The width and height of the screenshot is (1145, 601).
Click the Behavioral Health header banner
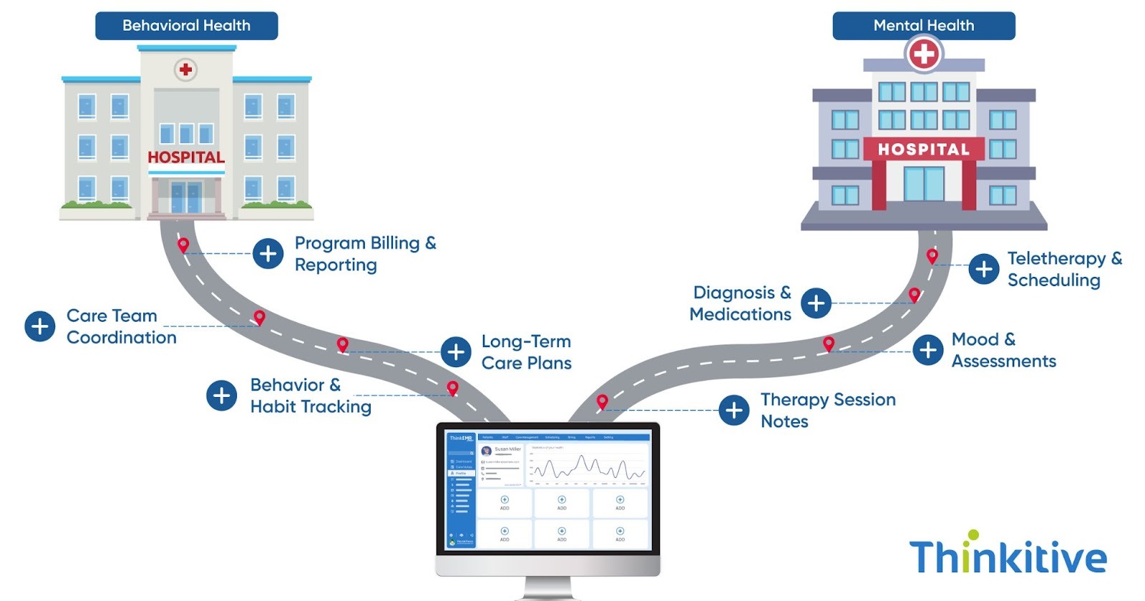pyautogui.click(x=186, y=26)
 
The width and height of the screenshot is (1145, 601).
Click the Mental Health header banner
pyautogui.click(x=923, y=26)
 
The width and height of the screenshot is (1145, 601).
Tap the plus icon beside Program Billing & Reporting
pyautogui.click(x=268, y=253)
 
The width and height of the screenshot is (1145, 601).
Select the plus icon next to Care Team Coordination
pyautogui.click(x=39, y=326)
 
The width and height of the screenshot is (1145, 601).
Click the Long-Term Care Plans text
pyautogui.click(x=526, y=352)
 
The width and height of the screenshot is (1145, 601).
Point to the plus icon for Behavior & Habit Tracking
pyautogui.click(x=222, y=396)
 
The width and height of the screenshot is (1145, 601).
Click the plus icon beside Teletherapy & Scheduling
pyautogui.click(x=984, y=269)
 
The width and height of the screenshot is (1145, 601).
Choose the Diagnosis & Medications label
pyautogui.click(x=741, y=303)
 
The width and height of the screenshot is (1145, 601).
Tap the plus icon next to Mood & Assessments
pyautogui.click(x=928, y=350)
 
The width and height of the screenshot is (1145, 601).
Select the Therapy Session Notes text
pyautogui.click(x=827, y=410)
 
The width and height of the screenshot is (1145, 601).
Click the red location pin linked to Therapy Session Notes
pyautogui.click(x=603, y=401)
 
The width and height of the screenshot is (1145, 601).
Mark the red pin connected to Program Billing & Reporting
pyautogui.click(x=183, y=245)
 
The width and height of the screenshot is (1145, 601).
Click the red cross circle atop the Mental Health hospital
pyautogui.click(x=924, y=54)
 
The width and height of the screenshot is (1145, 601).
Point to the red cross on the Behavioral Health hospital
pyautogui.click(x=186, y=69)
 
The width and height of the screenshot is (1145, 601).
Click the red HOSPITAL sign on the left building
pyautogui.click(x=186, y=157)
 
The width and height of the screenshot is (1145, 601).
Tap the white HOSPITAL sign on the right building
pyautogui.click(x=924, y=150)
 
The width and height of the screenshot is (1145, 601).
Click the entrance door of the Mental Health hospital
pyautogui.click(x=924, y=184)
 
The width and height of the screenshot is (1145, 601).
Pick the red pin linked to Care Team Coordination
pyautogui.click(x=260, y=317)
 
